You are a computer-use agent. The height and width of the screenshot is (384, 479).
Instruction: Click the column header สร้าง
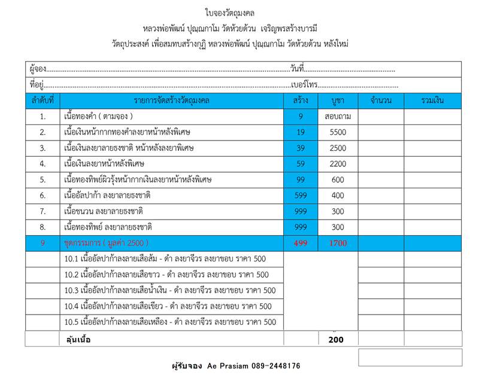(x=301, y=100)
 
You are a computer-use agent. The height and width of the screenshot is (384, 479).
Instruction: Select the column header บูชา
(x=338, y=100)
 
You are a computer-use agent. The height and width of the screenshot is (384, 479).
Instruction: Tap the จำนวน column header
(x=381, y=100)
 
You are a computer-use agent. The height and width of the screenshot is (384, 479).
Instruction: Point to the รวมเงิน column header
(x=432, y=100)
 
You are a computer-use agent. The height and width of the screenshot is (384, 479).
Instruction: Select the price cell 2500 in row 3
(x=338, y=148)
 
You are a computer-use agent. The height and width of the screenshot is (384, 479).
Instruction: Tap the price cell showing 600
(x=338, y=179)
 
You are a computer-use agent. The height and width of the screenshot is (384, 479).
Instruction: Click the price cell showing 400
(x=338, y=196)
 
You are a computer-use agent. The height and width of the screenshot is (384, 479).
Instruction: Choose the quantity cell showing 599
(x=301, y=196)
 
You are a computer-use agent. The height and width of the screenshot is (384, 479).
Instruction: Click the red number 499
(x=301, y=243)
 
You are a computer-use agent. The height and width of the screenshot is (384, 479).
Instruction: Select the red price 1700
(x=338, y=243)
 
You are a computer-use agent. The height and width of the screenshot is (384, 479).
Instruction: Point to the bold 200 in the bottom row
(x=336, y=340)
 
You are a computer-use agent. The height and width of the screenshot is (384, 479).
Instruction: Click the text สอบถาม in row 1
(x=338, y=116)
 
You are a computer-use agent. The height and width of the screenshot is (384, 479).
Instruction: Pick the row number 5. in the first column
(x=43, y=179)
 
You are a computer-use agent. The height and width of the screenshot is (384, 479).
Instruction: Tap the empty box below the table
(x=410, y=357)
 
